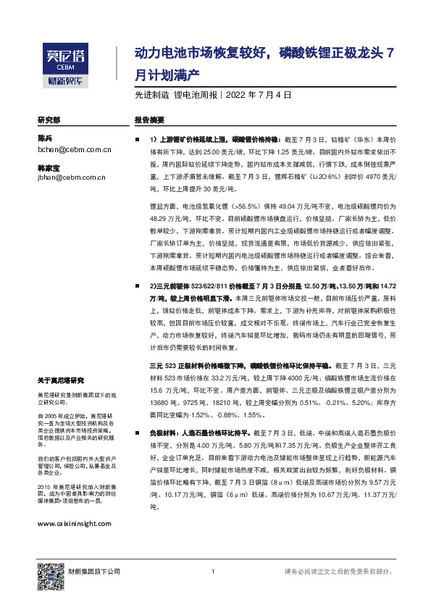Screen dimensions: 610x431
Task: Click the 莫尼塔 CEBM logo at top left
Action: (64, 59)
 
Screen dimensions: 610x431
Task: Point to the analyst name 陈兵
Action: (45, 138)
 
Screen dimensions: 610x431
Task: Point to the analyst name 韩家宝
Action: (48, 166)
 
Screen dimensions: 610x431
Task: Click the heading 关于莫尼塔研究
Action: (61, 380)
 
